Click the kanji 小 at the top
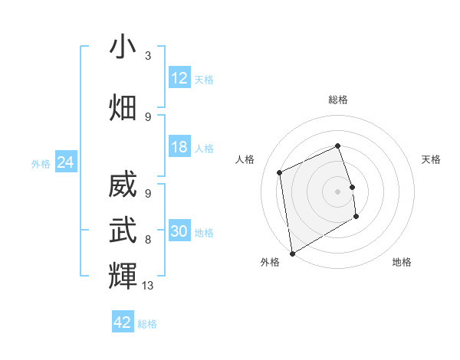tap(123, 47)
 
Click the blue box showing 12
tap(179, 78)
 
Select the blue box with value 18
tap(179, 147)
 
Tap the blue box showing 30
tap(179, 232)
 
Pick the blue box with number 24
tap(66, 162)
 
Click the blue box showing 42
tap(123, 322)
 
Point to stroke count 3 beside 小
tap(148, 56)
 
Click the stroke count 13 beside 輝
tap(149, 286)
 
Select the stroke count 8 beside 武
tap(148, 239)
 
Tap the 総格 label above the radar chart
tap(338, 100)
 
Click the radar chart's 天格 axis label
tap(432, 159)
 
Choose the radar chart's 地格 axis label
tap(402, 262)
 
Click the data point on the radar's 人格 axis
tap(280, 172)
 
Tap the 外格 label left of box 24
tap(41, 163)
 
